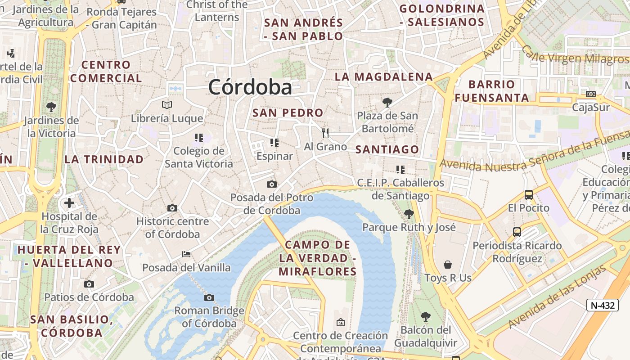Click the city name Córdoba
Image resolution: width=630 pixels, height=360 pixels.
[x=250, y=87]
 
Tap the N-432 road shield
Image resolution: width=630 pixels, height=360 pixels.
[x=603, y=305]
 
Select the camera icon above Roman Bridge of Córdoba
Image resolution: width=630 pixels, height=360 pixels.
[x=209, y=297]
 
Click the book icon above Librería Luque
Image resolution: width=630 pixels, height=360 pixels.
[x=167, y=105]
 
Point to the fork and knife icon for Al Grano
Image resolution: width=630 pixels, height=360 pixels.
[x=325, y=133]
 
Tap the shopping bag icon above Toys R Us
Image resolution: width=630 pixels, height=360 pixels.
[x=448, y=264]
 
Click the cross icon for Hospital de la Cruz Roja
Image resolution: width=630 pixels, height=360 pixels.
[x=69, y=203]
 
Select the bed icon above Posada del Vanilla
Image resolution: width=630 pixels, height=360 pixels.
[x=186, y=254]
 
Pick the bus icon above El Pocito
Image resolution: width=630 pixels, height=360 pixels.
[x=529, y=195]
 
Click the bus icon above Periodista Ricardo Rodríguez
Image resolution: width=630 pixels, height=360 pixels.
[x=517, y=232]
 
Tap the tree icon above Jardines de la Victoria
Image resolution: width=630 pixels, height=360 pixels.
[x=51, y=107]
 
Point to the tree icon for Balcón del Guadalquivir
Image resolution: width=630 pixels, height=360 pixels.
[x=425, y=317]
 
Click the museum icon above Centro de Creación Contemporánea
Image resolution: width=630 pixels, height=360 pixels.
[x=341, y=322]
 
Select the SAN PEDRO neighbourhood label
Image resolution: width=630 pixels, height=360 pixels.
[x=288, y=112]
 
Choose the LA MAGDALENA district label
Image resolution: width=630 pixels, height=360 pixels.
[x=384, y=77]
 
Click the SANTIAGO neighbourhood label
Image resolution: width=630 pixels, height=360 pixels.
[x=387, y=149]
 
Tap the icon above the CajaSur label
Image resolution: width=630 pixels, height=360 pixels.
[x=591, y=94]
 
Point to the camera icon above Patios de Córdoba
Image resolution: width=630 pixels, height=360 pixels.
[x=89, y=284]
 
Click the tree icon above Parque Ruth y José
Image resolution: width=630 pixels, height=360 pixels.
[x=409, y=214]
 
